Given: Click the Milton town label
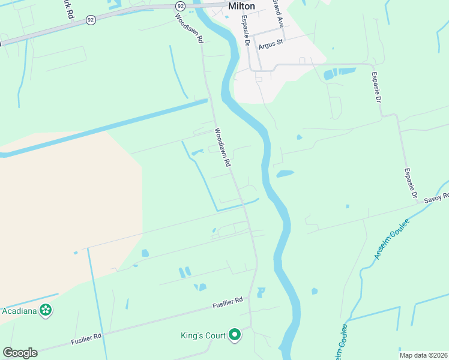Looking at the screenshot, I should pos(241,6).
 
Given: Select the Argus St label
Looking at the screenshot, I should pos(271,46).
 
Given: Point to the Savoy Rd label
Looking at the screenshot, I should pos(436,199).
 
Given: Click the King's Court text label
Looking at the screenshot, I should pos(203,335).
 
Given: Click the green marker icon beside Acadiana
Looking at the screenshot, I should pos(45,310).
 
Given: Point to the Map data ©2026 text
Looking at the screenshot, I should pos(423,355).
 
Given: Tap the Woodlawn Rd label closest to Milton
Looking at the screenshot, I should pos(190,26).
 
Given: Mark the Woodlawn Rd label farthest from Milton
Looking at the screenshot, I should pos(223,148).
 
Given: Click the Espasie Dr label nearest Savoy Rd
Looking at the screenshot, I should pos(410,184).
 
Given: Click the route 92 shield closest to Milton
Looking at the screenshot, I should pos(180,5).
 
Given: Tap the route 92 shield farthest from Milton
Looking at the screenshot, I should pos(90,19).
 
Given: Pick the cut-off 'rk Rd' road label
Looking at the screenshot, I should pos(67,7).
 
